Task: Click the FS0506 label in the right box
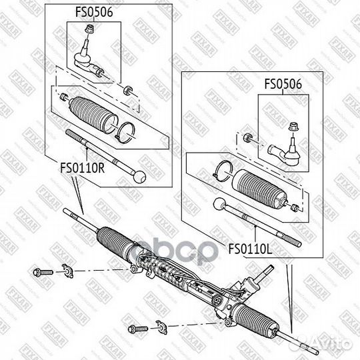tap(283, 85)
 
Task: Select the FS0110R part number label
tap(83, 169)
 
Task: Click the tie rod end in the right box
tap(285, 151)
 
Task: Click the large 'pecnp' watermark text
tap(175, 253)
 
